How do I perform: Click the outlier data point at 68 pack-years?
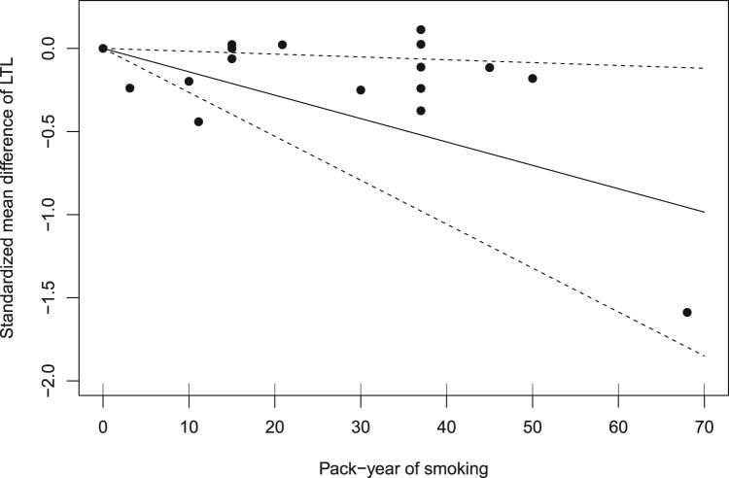click(686, 312)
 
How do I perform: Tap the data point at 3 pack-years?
click(129, 88)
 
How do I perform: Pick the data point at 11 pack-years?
click(198, 121)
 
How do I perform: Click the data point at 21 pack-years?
click(282, 45)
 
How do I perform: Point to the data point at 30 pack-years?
click(361, 90)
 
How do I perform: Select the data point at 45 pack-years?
click(490, 67)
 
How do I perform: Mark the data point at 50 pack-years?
click(533, 79)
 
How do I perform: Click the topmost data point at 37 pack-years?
click(421, 29)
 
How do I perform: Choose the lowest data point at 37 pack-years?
click(421, 111)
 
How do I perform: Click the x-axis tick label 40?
click(446, 426)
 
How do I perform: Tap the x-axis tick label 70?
click(704, 426)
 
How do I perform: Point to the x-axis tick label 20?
click(274, 426)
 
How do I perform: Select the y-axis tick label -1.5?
click(56, 298)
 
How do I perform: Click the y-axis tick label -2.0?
click(56, 382)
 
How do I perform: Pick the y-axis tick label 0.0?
click(59, 48)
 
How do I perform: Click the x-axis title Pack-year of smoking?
click(403, 467)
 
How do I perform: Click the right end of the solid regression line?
click(704, 212)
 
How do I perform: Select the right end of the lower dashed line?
click(704, 357)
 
